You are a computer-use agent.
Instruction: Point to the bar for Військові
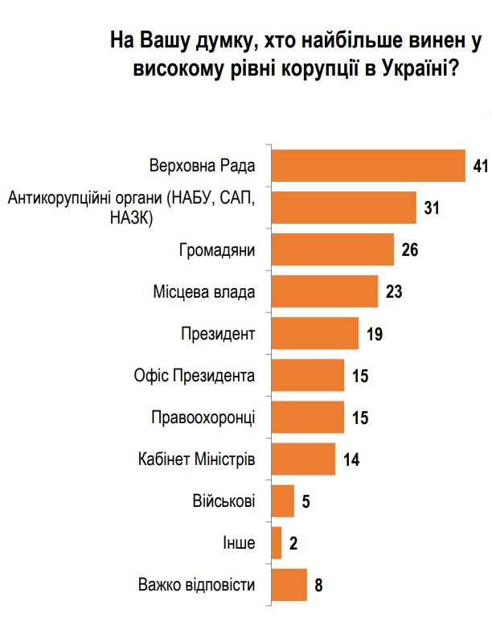pyautogui.click(x=284, y=501)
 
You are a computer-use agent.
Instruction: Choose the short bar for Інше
pyautogui.click(x=277, y=543)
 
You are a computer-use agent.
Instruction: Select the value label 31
pyautogui.click(x=431, y=208)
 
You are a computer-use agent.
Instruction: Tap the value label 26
pyautogui.click(x=409, y=250)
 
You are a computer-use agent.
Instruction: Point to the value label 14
pyautogui.click(x=351, y=460)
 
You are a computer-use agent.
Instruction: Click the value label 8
pyautogui.click(x=318, y=585)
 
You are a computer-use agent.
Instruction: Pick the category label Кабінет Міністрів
pyautogui.click(x=197, y=459)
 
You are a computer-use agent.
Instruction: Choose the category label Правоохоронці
pyautogui.click(x=203, y=418)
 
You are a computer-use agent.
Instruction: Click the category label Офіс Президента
pyautogui.click(x=195, y=376)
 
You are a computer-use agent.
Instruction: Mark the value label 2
pyautogui.click(x=293, y=543)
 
